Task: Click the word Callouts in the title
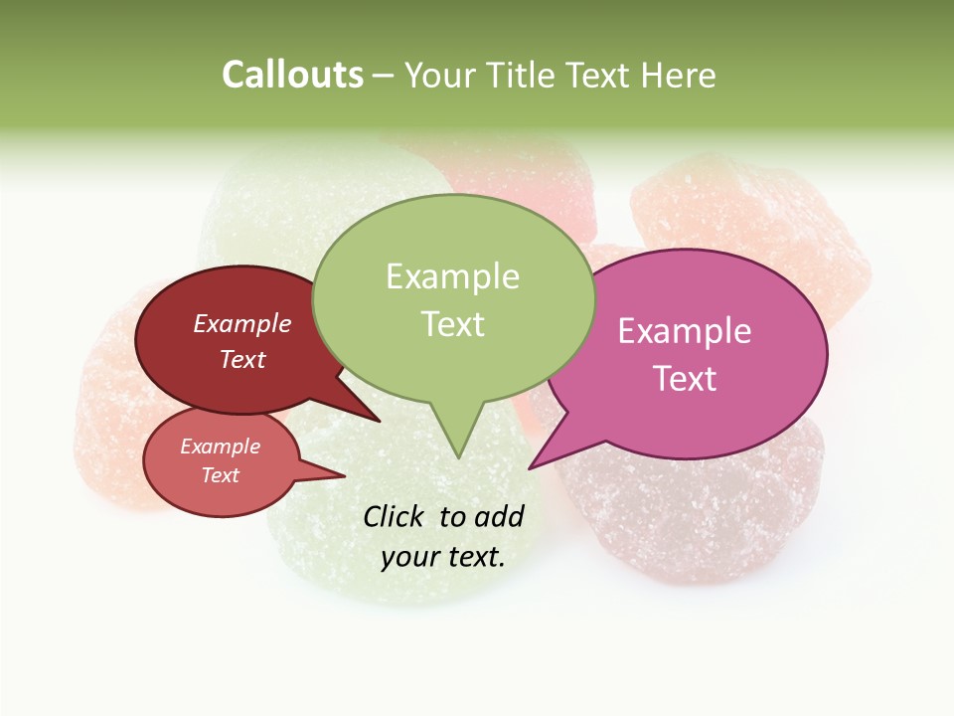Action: [x=292, y=75]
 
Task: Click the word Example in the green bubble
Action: [x=452, y=276]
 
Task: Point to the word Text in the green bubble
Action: [x=452, y=324]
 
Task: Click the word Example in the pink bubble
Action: [x=685, y=331]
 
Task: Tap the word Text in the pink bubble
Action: [x=685, y=379]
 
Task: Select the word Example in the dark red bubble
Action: [x=242, y=324]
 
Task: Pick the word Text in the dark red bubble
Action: [x=242, y=360]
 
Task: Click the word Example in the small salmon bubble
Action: [x=220, y=447]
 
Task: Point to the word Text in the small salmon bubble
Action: [x=220, y=475]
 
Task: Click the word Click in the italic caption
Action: [x=395, y=516]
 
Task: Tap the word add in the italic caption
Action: [x=500, y=516]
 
